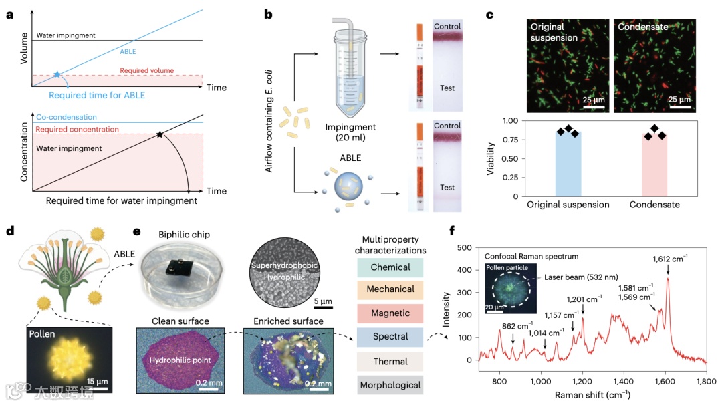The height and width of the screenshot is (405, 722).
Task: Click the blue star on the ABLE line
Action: pos(57,74)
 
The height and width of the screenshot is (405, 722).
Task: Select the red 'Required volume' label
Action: pos(146,70)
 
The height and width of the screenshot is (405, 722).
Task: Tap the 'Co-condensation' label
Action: pos(66,117)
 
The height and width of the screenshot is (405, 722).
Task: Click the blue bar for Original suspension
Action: pos(568,164)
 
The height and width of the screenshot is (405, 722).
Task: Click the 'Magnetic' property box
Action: pos(390,313)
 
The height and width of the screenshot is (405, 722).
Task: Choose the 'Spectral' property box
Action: pos(390,337)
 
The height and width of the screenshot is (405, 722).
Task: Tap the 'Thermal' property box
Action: pos(390,361)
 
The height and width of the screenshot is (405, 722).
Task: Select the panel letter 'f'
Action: pos(453,233)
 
